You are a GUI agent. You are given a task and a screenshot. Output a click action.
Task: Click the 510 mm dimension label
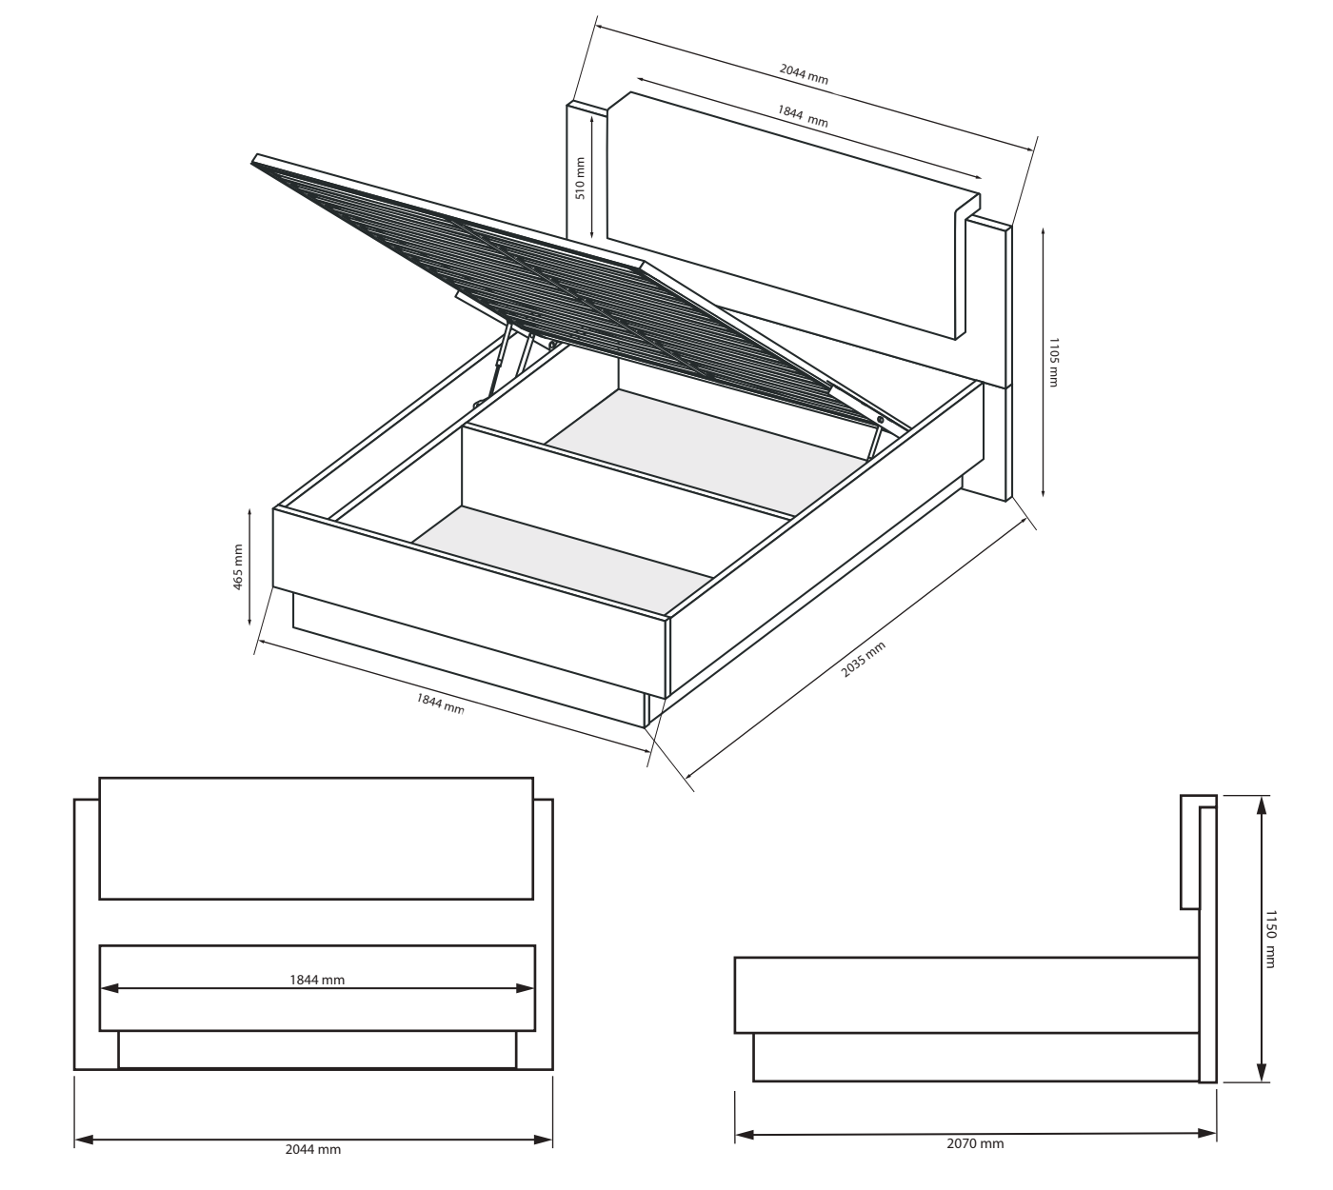(580, 178)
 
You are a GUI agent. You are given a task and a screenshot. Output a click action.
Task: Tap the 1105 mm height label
(1053, 363)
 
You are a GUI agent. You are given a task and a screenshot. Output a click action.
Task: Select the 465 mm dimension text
(238, 567)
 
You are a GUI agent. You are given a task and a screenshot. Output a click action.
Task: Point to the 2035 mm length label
(864, 659)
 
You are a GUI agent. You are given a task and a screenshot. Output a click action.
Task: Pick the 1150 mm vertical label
(1270, 940)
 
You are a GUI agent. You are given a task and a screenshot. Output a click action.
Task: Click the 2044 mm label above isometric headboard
(804, 73)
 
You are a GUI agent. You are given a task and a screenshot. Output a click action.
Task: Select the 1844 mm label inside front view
(317, 980)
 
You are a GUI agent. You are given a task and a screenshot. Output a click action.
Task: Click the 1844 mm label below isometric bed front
(440, 704)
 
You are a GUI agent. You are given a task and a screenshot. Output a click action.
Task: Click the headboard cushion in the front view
(316, 838)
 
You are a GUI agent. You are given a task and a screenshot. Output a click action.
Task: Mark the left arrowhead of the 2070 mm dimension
(745, 1135)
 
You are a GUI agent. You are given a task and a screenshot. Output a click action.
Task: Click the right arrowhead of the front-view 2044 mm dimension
(543, 1140)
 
